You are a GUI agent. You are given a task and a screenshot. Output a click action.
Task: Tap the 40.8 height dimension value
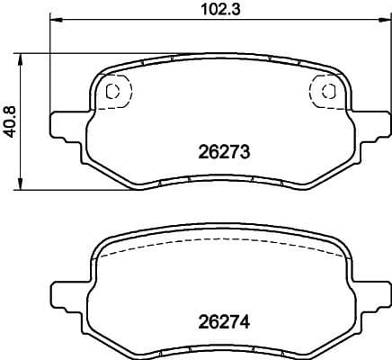[x=11, y=121]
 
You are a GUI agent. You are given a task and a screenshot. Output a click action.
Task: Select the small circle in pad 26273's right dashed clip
[x=327, y=90]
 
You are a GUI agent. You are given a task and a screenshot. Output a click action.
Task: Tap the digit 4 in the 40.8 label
[x=11, y=131]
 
